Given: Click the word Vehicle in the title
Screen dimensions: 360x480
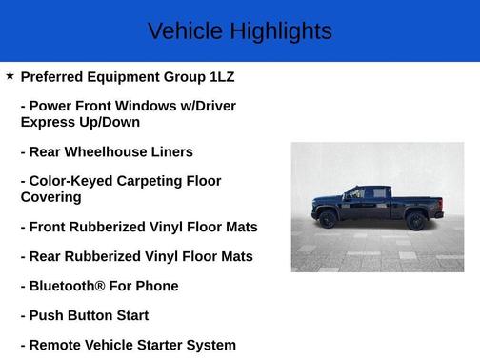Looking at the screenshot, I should coord(181,31).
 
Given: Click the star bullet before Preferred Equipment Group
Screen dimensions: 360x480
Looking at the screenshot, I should coord(10,75).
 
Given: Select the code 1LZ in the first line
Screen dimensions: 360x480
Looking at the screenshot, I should coord(221,76).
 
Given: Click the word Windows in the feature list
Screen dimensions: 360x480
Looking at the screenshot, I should coord(148,106).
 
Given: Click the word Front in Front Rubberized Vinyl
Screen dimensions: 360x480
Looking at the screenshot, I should coord(49,227).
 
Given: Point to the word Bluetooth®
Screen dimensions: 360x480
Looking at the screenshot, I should coord(70,286).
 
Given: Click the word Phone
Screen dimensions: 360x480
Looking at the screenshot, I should coord(156,286).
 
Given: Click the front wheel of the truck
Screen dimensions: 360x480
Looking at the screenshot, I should coord(329,219).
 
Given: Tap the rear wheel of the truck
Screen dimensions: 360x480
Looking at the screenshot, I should coord(415,221).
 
